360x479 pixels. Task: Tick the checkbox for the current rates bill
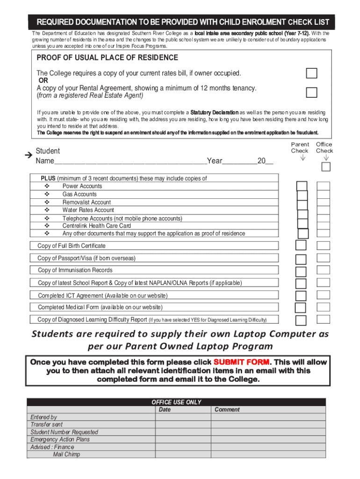[x=311, y=73]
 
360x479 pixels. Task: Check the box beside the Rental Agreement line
[x=311, y=92]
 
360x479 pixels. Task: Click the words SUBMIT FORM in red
[x=241, y=363]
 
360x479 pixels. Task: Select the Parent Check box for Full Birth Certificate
[x=301, y=246]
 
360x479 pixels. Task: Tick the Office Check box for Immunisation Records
[x=324, y=270]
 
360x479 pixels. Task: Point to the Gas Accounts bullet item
[x=79, y=194]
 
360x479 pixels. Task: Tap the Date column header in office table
[x=165, y=410]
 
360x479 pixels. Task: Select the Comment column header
[x=227, y=410]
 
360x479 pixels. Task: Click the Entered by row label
[x=43, y=417]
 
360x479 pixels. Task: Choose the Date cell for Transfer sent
[x=182, y=425]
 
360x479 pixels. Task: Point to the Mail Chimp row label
[x=66, y=454]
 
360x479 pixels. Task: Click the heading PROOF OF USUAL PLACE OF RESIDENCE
[x=108, y=58]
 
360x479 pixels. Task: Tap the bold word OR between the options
[x=43, y=80]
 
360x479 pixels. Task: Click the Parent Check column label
[x=300, y=148]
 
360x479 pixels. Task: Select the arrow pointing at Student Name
[x=28, y=154]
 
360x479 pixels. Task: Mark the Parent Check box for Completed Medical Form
[x=301, y=307]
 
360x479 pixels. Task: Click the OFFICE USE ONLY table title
[x=176, y=402]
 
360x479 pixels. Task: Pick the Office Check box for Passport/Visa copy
[x=324, y=258]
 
